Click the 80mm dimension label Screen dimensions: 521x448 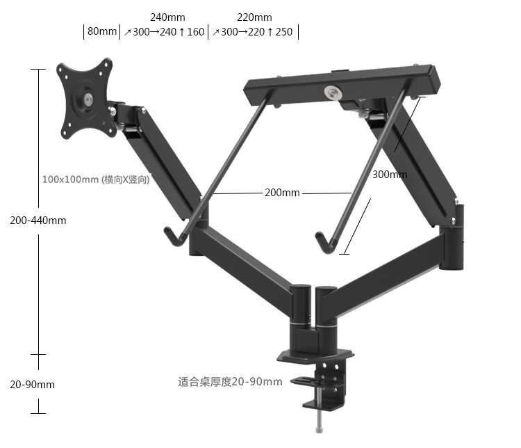pyautogui.click(x=102, y=31)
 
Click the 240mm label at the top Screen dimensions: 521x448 pyautogui.click(x=167, y=17)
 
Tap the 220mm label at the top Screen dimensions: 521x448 pyautogui.click(x=254, y=17)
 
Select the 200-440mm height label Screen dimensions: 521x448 pyautogui.click(x=38, y=221)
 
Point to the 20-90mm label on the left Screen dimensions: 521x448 pyautogui.click(x=32, y=385)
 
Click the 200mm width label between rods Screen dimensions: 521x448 pyautogui.click(x=282, y=193)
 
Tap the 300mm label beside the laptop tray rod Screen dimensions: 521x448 pyautogui.click(x=390, y=175)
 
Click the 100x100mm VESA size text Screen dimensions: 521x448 pyautogui.click(x=96, y=179)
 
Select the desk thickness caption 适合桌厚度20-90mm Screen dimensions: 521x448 pyautogui.click(x=230, y=381)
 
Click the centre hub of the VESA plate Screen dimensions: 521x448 pyautogui.click(x=88, y=99)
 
